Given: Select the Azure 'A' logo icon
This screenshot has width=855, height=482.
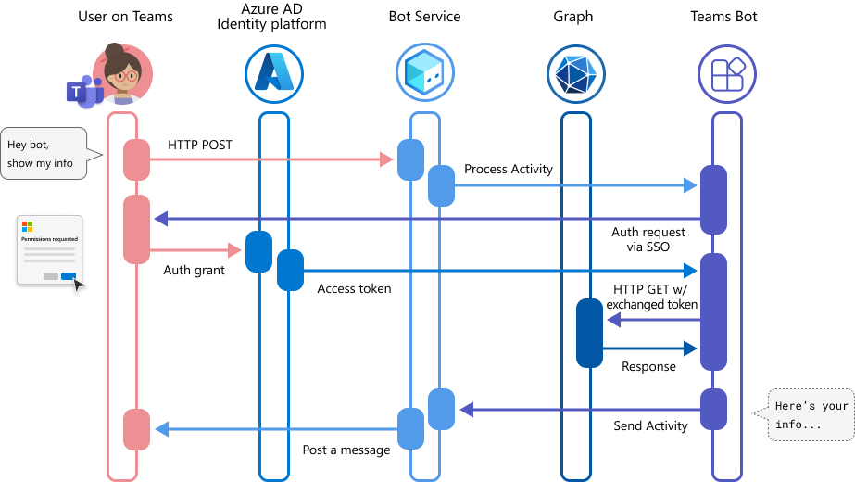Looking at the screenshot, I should (x=274, y=74).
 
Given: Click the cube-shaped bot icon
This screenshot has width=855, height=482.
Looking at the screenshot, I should (x=425, y=74).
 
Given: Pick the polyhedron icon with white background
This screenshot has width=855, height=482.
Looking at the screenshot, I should (x=576, y=74).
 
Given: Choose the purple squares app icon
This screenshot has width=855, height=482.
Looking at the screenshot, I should (x=727, y=74).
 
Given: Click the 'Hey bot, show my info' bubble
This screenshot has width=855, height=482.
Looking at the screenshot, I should (x=44, y=154).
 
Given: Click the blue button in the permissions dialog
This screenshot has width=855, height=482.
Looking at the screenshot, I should (x=68, y=276).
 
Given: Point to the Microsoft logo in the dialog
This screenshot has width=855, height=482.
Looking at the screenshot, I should (x=28, y=226).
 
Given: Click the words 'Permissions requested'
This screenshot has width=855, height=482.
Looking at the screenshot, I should (x=49, y=238).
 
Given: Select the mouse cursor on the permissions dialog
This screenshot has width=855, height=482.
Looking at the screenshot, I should (x=80, y=285).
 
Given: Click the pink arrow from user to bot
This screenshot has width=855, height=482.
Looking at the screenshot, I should (x=269, y=159).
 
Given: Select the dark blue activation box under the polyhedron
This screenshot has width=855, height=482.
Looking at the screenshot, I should (x=589, y=333).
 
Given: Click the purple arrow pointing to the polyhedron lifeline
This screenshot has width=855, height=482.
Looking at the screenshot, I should (x=653, y=320).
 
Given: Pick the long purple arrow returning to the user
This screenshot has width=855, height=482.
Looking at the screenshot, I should (x=426, y=219).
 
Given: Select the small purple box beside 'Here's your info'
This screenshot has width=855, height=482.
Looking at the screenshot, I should (x=713, y=409).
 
